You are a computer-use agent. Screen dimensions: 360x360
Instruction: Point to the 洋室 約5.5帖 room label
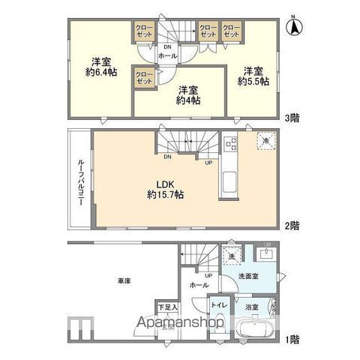pos(253,76)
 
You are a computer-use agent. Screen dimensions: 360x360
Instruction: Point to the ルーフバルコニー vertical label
pos(79,180)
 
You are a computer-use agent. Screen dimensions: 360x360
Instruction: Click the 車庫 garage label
pos(124,280)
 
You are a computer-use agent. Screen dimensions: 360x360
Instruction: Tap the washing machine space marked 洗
pos(232,255)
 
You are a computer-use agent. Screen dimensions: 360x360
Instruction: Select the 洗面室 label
pos(259,278)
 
